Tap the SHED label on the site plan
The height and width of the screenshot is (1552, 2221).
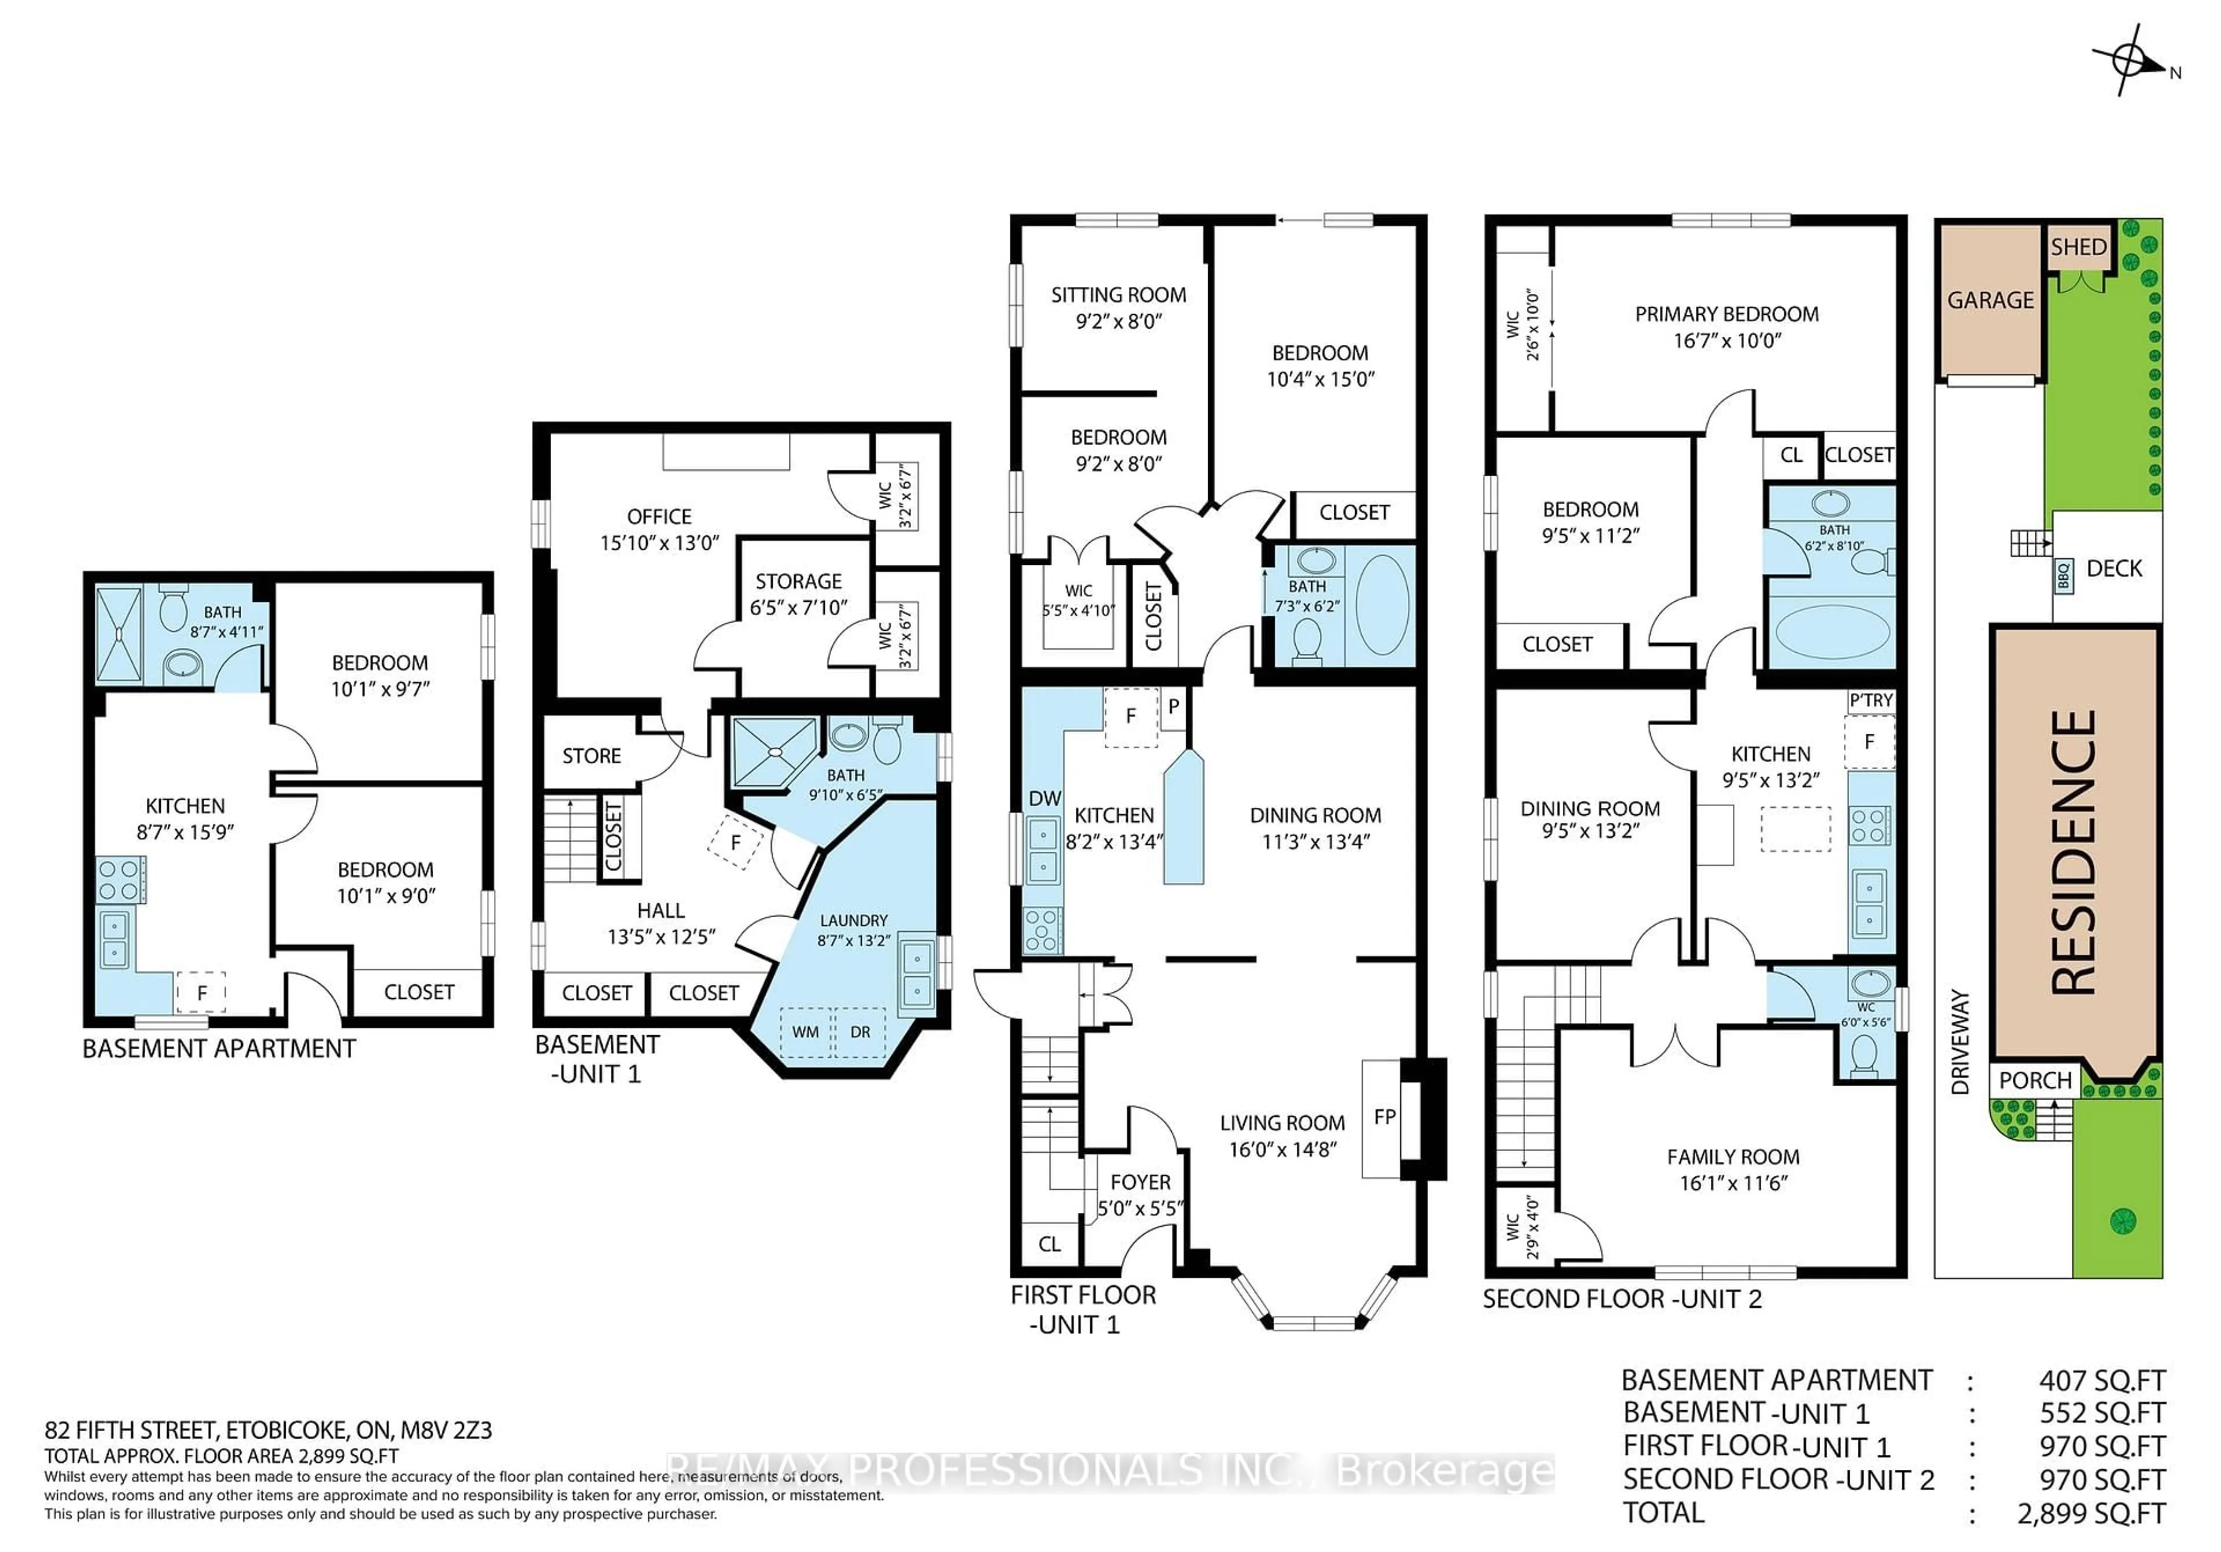[2078, 247]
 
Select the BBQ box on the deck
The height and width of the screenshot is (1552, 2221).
[2063, 577]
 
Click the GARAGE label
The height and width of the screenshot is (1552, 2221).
[1990, 300]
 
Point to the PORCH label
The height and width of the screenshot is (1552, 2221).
[2035, 1080]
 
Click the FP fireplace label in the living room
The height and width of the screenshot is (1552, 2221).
[1384, 1117]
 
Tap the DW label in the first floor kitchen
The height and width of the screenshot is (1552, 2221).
[1044, 798]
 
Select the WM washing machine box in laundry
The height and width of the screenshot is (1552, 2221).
[805, 1031]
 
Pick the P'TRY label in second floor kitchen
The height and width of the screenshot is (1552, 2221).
[1870, 700]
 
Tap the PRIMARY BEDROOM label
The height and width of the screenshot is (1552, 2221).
[1726, 314]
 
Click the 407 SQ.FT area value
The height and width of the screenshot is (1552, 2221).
[2101, 1380]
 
